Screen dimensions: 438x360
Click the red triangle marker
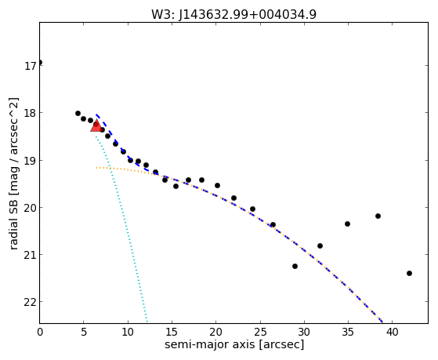click(96, 125)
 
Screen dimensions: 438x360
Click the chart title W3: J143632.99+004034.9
click(233, 14)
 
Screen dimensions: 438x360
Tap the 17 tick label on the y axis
click(31, 66)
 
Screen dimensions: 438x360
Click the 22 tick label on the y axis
click(31, 302)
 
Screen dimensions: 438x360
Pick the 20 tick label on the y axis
click(31, 208)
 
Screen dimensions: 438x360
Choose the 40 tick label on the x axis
click(392, 332)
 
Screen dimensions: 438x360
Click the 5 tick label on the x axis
click(84, 332)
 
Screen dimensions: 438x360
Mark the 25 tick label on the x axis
click(260, 332)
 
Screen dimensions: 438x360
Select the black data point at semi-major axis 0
click(40, 62)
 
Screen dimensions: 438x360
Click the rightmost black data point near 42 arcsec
click(409, 273)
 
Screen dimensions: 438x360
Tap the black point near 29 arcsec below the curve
click(295, 266)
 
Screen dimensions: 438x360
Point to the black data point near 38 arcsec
click(378, 216)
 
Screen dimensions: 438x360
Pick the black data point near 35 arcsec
click(347, 224)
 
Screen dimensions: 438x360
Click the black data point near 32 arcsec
click(320, 245)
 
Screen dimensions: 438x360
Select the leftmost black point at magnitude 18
click(78, 113)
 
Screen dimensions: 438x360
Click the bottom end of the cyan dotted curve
click(147, 322)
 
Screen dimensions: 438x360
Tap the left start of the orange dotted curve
click(96, 168)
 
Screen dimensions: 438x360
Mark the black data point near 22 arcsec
click(233, 198)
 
